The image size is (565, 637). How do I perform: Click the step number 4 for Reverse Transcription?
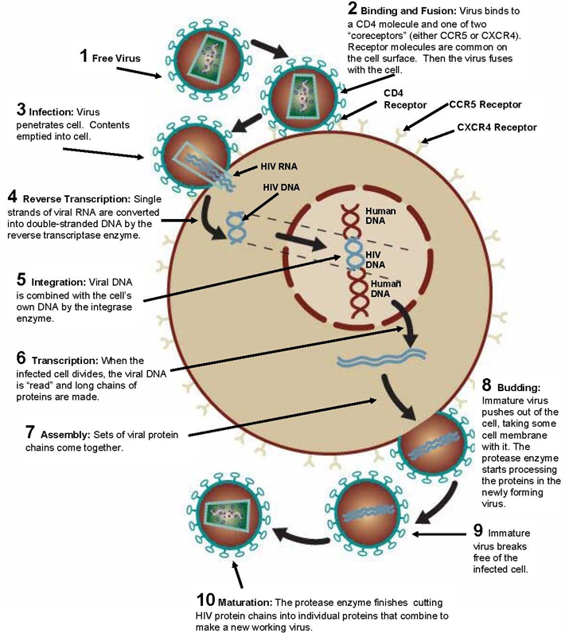click(12, 197)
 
